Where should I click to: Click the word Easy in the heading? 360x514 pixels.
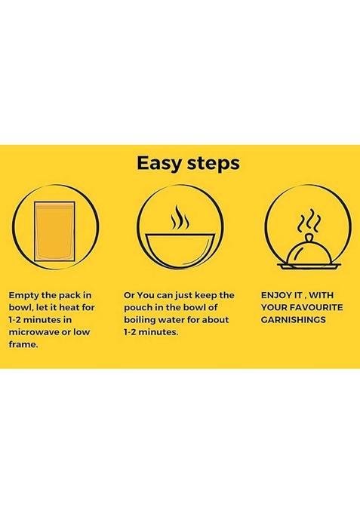pyautogui.click(x=158, y=164)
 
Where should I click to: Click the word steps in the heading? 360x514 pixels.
pyautogui.click(x=214, y=164)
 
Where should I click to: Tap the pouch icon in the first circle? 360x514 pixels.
pyautogui.click(x=54, y=231)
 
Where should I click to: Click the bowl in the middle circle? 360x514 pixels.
pyautogui.click(x=180, y=250)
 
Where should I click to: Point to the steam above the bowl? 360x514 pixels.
pyautogui.click(x=180, y=217)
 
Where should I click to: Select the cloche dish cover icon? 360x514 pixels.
pyautogui.click(x=308, y=253)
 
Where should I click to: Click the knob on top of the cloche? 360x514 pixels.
pyautogui.click(x=308, y=237)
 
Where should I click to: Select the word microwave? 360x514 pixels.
pyautogui.click(x=34, y=332)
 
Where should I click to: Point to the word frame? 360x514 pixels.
pyautogui.click(x=23, y=344)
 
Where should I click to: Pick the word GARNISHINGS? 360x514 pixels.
pyautogui.click(x=293, y=319)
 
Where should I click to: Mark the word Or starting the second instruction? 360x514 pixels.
pyautogui.click(x=129, y=295)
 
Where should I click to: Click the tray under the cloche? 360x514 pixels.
pyautogui.click(x=309, y=266)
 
